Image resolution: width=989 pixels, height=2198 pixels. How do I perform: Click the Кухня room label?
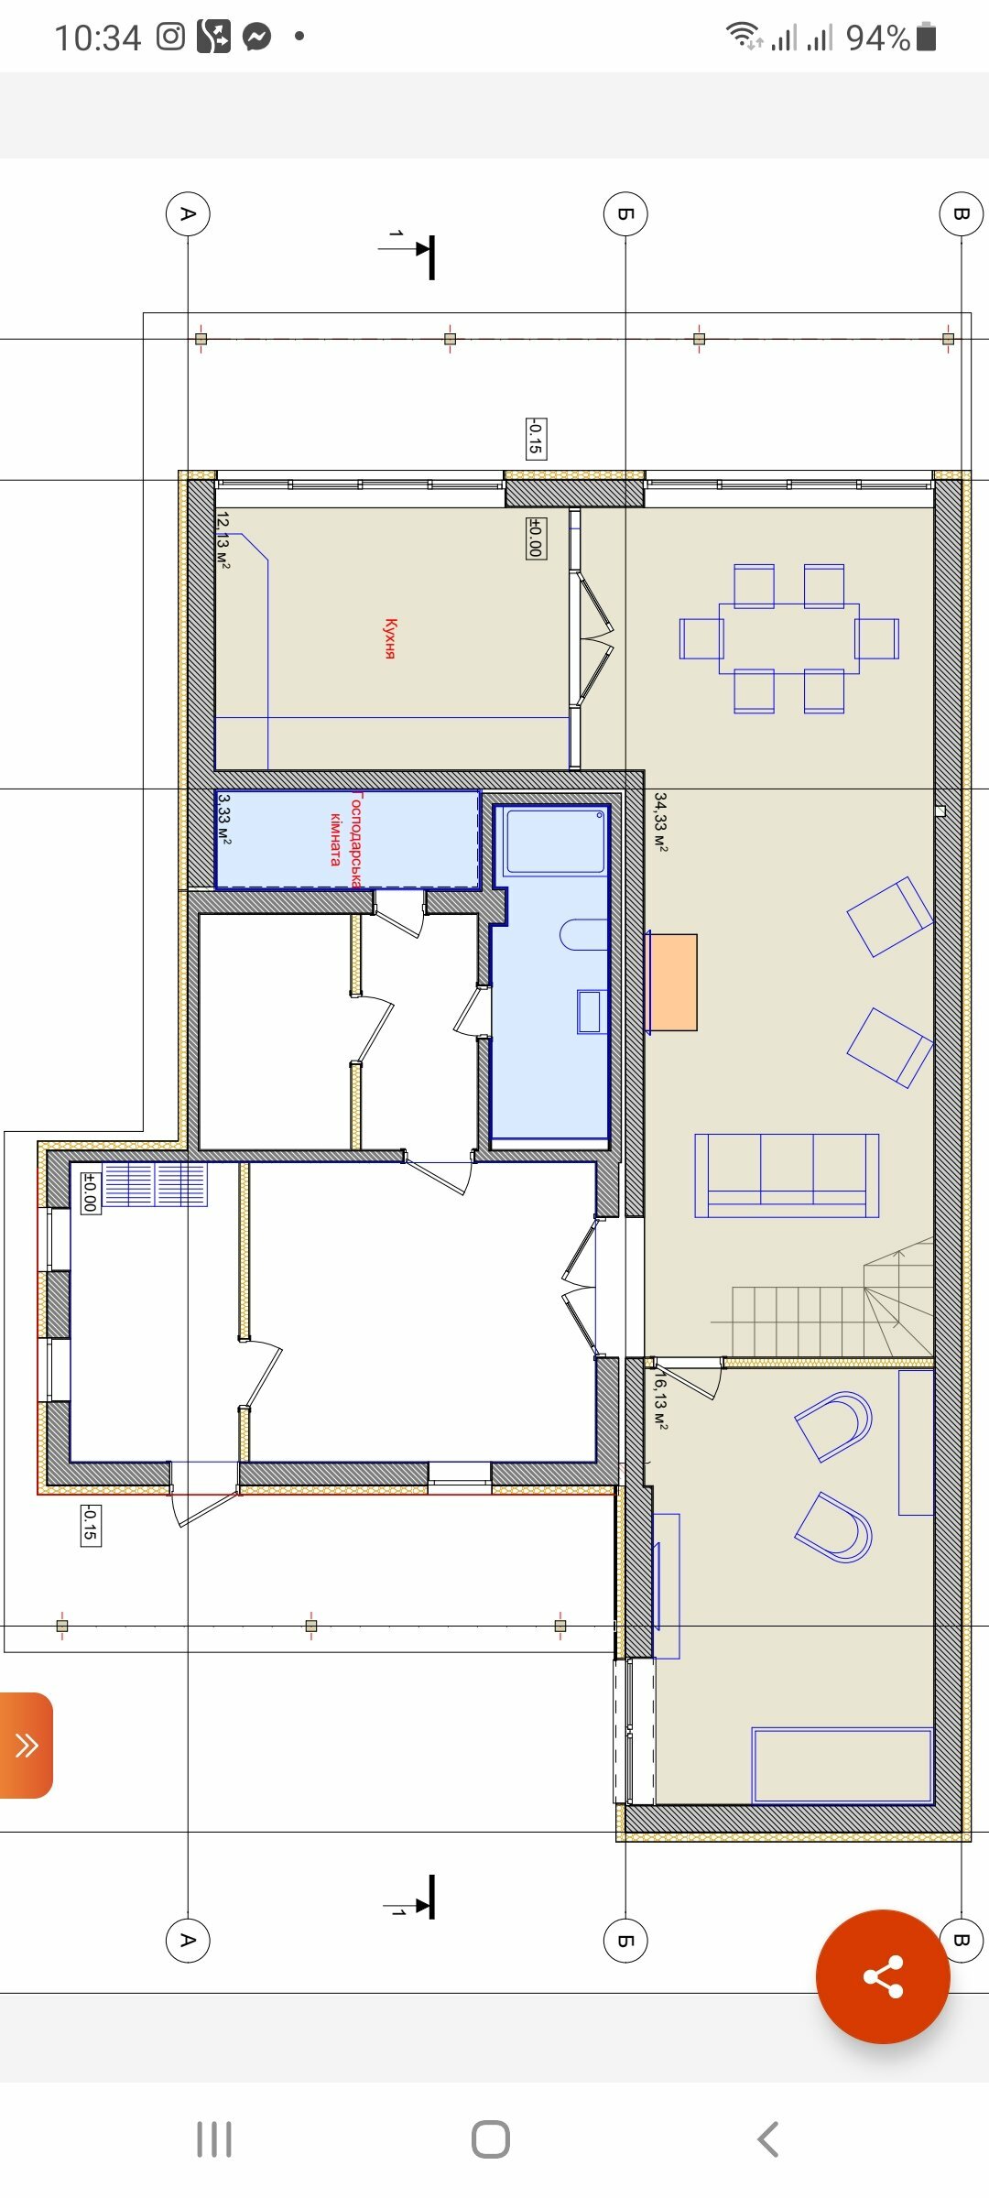(x=390, y=638)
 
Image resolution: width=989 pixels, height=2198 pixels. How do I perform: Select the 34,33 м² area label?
(x=660, y=822)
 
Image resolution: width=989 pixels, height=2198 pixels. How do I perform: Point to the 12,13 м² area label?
(x=223, y=540)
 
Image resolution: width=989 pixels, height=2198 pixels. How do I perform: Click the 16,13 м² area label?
(x=660, y=1399)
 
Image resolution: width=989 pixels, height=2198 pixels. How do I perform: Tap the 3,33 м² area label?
(x=224, y=819)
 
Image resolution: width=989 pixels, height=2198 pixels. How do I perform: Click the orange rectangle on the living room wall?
(x=672, y=982)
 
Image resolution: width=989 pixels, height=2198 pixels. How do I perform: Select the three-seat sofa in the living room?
(x=787, y=1175)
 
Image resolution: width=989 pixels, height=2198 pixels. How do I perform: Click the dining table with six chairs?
(x=788, y=638)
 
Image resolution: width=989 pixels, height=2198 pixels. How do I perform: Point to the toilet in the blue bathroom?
(x=583, y=934)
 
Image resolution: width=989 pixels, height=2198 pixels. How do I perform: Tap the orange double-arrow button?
(x=26, y=1745)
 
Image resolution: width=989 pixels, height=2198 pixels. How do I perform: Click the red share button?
(x=883, y=1976)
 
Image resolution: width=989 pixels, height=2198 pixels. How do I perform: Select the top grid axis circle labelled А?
(x=188, y=213)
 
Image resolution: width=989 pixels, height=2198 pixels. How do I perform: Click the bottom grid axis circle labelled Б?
(x=625, y=1940)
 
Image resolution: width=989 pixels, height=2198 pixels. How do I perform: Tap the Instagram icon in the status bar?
(x=170, y=37)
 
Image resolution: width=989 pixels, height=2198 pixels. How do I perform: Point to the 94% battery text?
(x=877, y=38)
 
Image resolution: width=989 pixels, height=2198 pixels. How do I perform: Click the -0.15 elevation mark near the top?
(x=536, y=438)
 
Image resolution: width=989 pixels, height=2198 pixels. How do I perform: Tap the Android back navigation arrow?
(x=768, y=2139)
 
